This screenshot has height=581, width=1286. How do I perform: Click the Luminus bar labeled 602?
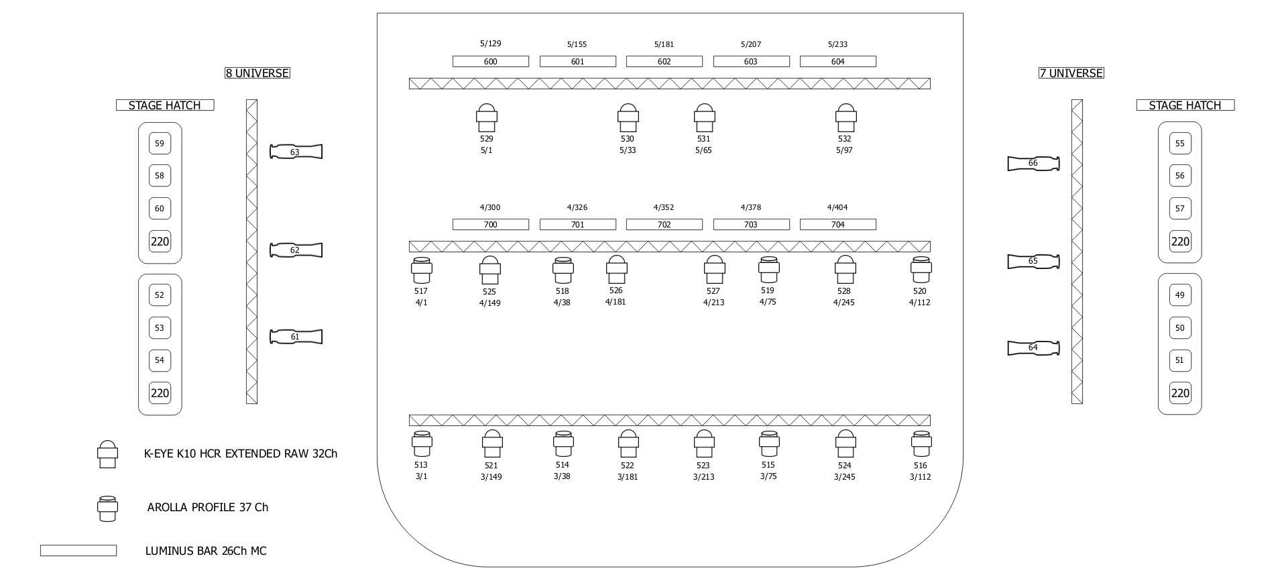pyautogui.click(x=664, y=62)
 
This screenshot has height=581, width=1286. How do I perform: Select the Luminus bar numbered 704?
pyautogui.click(x=837, y=225)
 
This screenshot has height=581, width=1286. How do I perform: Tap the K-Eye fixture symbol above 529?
pyautogui.click(x=487, y=118)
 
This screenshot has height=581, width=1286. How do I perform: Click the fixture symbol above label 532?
pyautogui.click(x=845, y=118)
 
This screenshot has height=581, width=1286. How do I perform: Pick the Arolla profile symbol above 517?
pyautogui.click(x=421, y=270)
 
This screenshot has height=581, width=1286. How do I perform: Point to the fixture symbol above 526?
pyautogui.click(x=617, y=270)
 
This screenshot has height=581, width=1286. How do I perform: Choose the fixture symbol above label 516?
pyautogui.click(x=921, y=444)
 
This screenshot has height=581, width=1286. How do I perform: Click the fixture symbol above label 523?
pyautogui.click(x=703, y=444)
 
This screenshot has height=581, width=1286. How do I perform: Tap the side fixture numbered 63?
pyautogui.click(x=296, y=152)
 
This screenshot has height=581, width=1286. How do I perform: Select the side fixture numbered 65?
pyautogui.click(x=1033, y=261)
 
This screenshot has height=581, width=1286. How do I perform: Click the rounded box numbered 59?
pyautogui.click(x=160, y=144)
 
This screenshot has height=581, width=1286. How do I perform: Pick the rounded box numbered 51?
pyautogui.click(x=1179, y=360)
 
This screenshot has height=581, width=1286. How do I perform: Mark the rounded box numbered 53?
pyautogui.click(x=160, y=328)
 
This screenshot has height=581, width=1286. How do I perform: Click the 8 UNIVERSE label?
pyautogui.click(x=257, y=73)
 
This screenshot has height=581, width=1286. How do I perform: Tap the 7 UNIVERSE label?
pyautogui.click(x=1071, y=73)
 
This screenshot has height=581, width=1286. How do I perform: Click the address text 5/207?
pyautogui.click(x=750, y=44)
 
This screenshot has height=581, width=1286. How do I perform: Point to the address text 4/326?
pyautogui.click(x=577, y=207)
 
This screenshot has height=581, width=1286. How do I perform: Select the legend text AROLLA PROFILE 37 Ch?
pyautogui.click(x=208, y=507)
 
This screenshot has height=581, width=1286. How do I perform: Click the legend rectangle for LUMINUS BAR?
pyautogui.click(x=78, y=551)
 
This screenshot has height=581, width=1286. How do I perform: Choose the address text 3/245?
pyautogui.click(x=844, y=477)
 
